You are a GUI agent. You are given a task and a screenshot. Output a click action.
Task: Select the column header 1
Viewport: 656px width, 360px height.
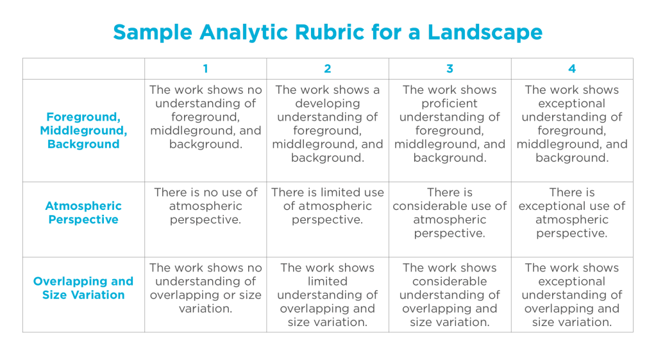tap(205, 69)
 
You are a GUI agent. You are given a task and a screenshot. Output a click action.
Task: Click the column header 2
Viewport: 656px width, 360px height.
tap(328, 69)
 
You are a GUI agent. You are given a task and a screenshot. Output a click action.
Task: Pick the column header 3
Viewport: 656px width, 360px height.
tap(450, 69)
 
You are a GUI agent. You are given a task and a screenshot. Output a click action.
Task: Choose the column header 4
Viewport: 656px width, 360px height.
tap(572, 69)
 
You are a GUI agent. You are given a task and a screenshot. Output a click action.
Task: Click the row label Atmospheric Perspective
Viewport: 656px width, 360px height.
tap(83, 212)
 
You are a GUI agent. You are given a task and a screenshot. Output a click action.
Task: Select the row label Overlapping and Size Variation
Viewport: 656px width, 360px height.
tap(83, 288)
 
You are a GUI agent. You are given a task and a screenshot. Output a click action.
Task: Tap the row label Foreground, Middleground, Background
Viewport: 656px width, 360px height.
tap(83, 130)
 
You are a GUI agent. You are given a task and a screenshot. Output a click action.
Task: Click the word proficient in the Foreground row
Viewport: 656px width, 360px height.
tap(450, 103)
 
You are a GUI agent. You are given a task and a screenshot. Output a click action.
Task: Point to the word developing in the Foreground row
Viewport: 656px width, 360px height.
tap(328, 103)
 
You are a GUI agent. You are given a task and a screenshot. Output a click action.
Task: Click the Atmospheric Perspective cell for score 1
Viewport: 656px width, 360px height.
tap(205, 206)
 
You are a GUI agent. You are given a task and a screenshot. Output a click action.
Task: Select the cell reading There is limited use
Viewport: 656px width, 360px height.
tap(328, 206)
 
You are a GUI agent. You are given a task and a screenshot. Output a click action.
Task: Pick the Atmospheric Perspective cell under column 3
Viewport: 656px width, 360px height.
tap(450, 212)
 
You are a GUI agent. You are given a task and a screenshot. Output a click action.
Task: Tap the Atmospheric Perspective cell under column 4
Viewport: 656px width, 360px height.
tap(572, 212)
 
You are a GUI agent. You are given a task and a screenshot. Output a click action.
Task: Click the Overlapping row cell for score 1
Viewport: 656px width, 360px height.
tap(205, 288)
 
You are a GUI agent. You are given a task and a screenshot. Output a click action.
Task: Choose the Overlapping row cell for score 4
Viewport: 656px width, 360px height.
tap(572, 295)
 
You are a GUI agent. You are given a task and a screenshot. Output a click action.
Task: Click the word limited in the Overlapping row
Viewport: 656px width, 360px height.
tap(328, 282)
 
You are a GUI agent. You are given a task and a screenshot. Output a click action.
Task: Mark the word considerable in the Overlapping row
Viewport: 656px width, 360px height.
tap(450, 282)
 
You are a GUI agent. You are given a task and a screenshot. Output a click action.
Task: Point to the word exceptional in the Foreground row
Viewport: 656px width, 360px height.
tap(572, 103)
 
